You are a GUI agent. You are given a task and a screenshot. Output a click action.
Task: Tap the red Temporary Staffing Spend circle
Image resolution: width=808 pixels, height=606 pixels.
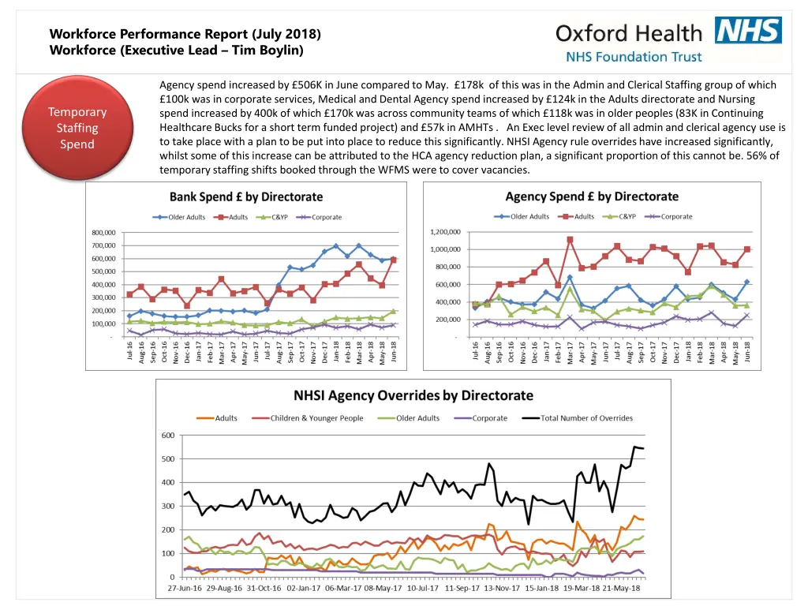coord(77,128)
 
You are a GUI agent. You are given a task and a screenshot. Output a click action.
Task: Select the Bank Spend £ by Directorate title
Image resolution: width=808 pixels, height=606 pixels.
coord(246,196)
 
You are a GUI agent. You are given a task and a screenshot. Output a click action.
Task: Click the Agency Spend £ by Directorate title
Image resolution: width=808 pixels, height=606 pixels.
coord(592,196)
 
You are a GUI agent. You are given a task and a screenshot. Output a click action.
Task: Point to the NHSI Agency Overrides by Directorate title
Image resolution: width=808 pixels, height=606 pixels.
coord(413,395)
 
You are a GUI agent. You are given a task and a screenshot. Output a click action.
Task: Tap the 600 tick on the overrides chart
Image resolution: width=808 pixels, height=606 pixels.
coord(168,436)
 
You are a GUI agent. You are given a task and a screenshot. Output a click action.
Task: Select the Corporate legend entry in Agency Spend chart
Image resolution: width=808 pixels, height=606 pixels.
coord(675,216)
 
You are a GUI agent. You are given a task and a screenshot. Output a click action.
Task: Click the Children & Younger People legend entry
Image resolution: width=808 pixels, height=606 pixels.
coord(316,418)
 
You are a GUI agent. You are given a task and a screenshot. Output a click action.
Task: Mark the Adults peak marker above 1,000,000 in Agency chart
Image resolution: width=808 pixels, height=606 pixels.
coord(570,240)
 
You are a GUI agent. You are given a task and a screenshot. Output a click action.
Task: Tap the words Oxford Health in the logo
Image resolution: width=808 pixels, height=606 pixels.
coord(628,33)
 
